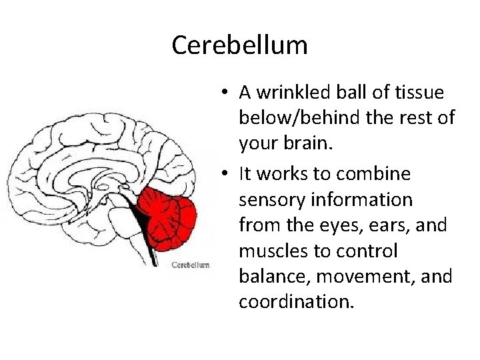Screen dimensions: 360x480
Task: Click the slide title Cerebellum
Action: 239,45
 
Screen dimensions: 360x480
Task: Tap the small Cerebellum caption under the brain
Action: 191,265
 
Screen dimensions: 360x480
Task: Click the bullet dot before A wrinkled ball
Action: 227,93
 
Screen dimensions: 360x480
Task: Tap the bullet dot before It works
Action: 227,173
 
